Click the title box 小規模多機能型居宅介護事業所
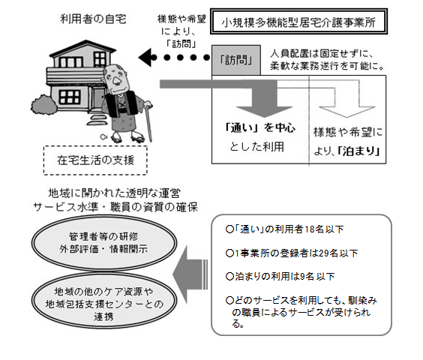click(x=298, y=22)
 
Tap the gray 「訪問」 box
click(x=236, y=60)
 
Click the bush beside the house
click(x=43, y=105)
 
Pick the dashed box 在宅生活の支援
click(x=95, y=160)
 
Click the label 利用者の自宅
click(x=93, y=19)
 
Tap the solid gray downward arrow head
click(x=264, y=112)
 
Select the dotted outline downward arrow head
click(x=346, y=112)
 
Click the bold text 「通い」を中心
click(x=260, y=127)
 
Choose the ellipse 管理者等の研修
click(x=104, y=243)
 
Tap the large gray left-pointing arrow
click(x=190, y=274)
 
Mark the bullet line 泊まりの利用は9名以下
click(x=280, y=277)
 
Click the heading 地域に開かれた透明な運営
click(x=115, y=193)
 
